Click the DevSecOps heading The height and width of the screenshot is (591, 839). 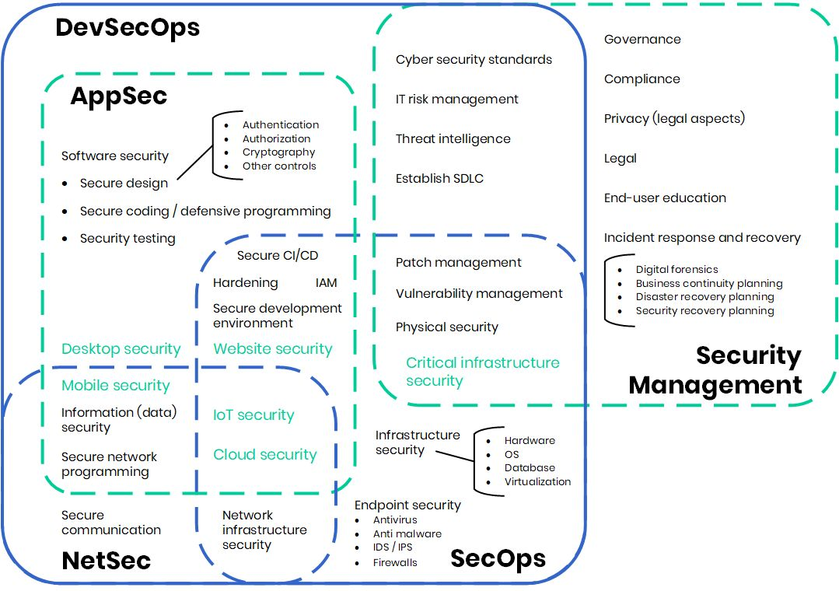point(128,28)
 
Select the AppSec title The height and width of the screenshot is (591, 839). point(118,96)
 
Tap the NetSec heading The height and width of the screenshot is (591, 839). point(106,560)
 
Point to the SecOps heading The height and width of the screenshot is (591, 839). point(498,558)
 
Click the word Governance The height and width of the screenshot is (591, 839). point(642,40)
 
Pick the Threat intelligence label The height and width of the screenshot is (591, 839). point(453,139)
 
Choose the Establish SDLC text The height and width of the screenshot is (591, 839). point(439,179)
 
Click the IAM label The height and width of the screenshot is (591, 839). point(327,283)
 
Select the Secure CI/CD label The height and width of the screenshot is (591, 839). point(278,256)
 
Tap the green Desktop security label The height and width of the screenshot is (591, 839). point(121,349)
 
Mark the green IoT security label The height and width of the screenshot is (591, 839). point(253,415)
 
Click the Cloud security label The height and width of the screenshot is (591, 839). point(265,455)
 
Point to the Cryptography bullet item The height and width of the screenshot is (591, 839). point(278,152)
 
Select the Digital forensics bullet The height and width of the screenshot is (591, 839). point(676,270)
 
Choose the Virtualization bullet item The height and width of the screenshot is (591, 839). point(537,482)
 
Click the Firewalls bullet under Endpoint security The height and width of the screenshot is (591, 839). point(395,562)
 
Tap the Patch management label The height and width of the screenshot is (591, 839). point(458,263)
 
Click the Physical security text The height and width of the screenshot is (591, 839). point(446,327)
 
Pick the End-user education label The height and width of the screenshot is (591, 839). point(665,198)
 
